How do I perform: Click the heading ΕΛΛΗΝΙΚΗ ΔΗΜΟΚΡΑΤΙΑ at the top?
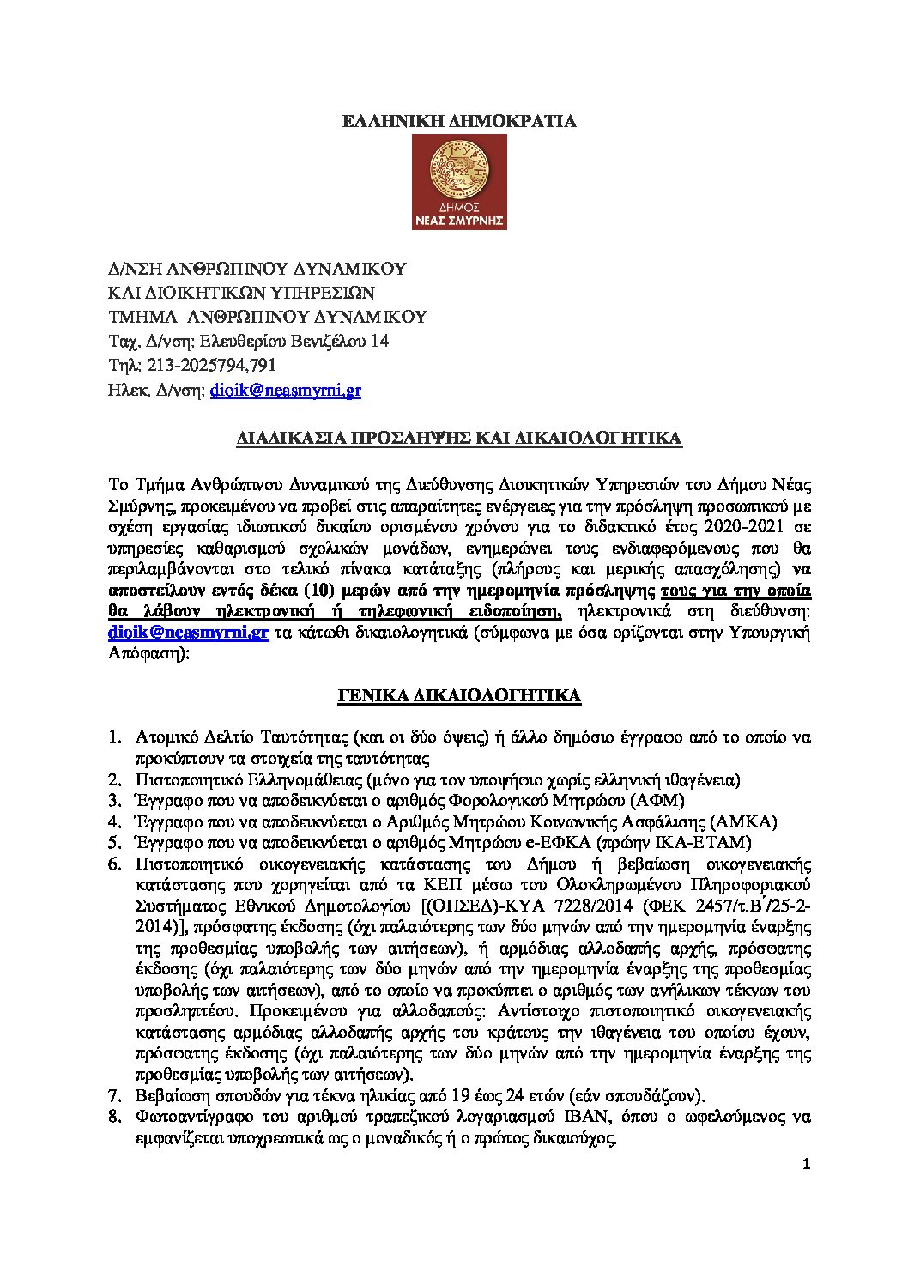pyautogui.click(x=459, y=121)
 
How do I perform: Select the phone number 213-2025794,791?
pyautogui.click(x=212, y=365)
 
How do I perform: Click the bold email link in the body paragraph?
pyautogui.click(x=189, y=632)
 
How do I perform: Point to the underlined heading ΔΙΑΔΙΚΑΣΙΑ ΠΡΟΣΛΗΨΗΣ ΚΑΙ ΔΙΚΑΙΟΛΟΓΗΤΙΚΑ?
pyautogui.click(x=459, y=439)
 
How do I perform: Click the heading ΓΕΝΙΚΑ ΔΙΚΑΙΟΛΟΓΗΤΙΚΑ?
pyautogui.click(x=459, y=695)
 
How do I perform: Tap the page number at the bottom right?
pyautogui.click(x=805, y=1164)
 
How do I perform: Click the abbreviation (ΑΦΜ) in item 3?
pyautogui.click(x=657, y=801)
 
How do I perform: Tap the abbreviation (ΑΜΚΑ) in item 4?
pyautogui.click(x=743, y=821)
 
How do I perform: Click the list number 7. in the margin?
pyautogui.click(x=114, y=1096)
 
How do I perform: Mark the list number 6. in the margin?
pyautogui.click(x=114, y=864)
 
